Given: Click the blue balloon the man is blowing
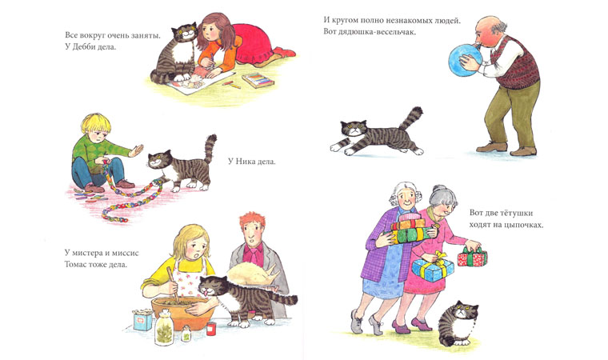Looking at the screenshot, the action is click(465, 59).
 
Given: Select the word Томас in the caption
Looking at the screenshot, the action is click(76, 266).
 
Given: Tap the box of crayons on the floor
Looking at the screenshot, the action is click(258, 80).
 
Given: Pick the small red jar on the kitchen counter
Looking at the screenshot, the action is click(210, 329).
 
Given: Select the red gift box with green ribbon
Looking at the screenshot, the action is click(472, 258).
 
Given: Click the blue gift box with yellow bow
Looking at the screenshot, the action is click(432, 269).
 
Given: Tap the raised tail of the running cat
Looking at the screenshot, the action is click(411, 118).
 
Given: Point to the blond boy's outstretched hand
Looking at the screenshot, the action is click(137, 150).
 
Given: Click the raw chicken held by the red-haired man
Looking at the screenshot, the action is click(253, 274).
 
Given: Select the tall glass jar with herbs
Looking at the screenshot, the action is click(165, 327).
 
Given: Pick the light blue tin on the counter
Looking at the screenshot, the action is click(142, 320).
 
